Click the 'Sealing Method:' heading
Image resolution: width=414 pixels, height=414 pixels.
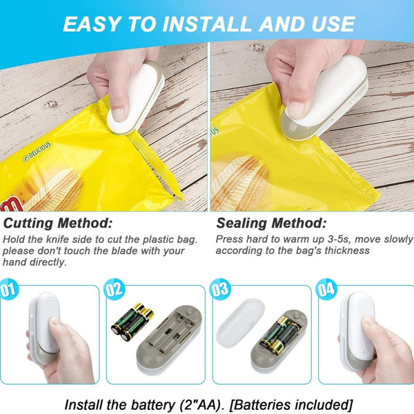click(271, 224)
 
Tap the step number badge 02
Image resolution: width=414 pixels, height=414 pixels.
click(115, 289)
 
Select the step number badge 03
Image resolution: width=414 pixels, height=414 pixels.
click(221, 289)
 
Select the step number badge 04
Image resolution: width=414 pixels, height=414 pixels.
click(326, 289)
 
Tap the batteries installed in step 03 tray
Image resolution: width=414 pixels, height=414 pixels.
click(280, 333)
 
